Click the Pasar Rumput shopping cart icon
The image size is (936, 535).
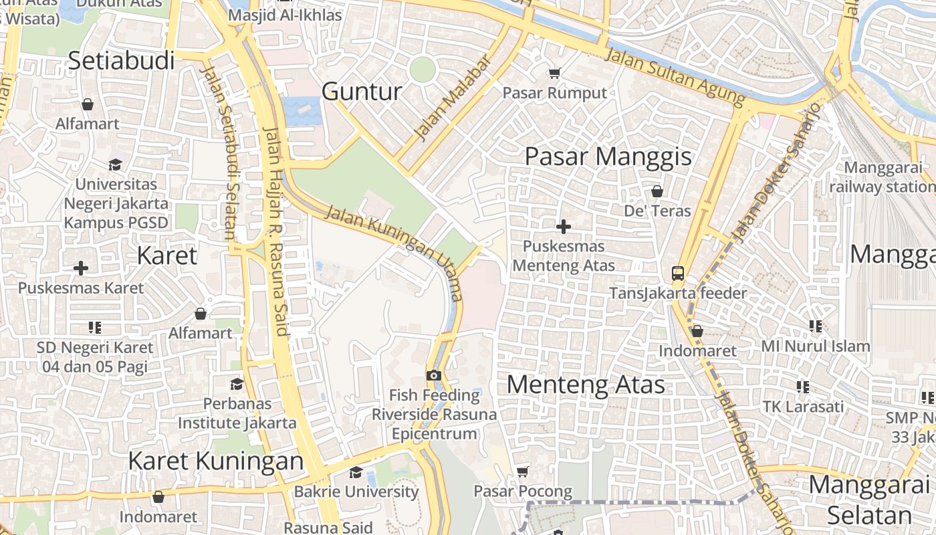pos(554,73)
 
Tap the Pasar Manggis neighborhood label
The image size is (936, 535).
pos(608,156)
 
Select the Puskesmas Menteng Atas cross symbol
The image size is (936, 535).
pos(564,227)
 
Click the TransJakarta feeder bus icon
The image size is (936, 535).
pos(678,273)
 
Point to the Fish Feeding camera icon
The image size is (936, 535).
pos(434,375)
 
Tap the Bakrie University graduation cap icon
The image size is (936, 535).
pos(356,472)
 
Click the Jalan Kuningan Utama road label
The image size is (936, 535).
pos(394,253)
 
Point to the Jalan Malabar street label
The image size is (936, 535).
pos(453,98)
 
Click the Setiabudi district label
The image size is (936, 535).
pos(122,60)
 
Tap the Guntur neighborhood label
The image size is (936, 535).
pos(362,92)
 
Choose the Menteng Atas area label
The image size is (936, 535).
pos(586,385)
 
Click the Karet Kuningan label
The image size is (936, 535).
pos(215,461)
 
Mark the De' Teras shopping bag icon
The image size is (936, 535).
pos(657,191)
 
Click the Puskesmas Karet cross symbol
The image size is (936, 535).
pos(81,268)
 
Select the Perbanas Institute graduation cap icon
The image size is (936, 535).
pos(237,384)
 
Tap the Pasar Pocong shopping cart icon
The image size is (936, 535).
pos(523,472)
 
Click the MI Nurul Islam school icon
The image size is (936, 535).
pos(815,326)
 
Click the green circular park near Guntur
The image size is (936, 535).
pos(423,70)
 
